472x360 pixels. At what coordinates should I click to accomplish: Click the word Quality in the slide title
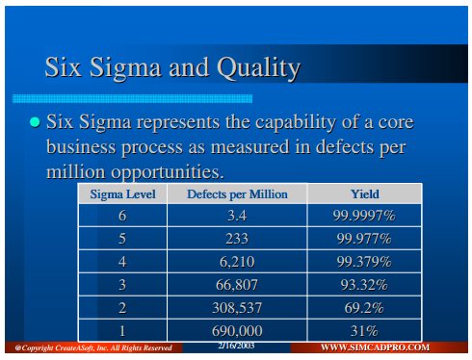click(259, 68)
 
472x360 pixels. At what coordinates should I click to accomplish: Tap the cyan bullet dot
click(35, 122)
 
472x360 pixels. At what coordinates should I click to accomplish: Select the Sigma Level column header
click(122, 194)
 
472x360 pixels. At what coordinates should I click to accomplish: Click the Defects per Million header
click(237, 194)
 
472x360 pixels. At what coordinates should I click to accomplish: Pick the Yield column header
click(365, 194)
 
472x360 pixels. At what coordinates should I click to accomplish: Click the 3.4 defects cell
click(237, 216)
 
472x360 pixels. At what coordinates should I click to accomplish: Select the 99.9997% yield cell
click(364, 216)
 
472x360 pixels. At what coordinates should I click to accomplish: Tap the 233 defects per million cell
click(237, 239)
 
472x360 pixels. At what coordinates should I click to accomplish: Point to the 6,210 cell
click(237, 262)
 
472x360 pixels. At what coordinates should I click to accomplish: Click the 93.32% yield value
click(364, 285)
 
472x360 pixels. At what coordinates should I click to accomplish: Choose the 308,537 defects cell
click(237, 308)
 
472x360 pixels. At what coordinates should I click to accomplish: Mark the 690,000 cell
click(237, 331)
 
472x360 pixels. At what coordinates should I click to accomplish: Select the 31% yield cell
click(364, 331)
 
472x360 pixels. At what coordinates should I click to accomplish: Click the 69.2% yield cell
click(364, 308)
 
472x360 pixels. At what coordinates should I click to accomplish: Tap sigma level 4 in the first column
click(122, 262)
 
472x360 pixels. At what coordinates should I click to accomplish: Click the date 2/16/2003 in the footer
click(236, 346)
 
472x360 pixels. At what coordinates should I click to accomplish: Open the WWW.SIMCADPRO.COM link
click(375, 347)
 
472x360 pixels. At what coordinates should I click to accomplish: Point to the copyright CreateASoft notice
click(93, 347)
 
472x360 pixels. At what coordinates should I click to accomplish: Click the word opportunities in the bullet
click(167, 172)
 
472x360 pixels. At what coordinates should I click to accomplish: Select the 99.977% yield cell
click(364, 239)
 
